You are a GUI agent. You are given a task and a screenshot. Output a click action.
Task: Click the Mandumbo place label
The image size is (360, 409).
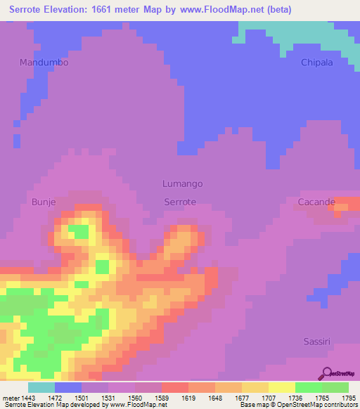click(x=44, y=63)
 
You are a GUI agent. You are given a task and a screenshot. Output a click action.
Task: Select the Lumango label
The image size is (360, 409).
click(x=182, y=183)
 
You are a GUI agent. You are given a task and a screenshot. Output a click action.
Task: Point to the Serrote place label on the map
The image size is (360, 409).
click(x=179, y=202)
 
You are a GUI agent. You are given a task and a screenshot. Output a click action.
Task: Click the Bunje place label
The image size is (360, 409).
click(x=44, y=202)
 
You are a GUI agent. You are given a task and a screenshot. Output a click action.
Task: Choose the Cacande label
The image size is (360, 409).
click(x=316, y=202)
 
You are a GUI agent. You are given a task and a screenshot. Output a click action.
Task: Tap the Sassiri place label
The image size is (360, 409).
click(x=317, y=341)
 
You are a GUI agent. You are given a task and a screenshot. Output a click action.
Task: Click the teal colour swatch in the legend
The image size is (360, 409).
click(x=41, y=387)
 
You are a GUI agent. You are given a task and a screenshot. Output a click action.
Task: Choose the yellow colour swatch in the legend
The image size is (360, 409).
click(x=281, y=387)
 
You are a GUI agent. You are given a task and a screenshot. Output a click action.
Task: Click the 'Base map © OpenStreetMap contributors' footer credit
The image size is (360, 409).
click(x=297, y=405)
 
